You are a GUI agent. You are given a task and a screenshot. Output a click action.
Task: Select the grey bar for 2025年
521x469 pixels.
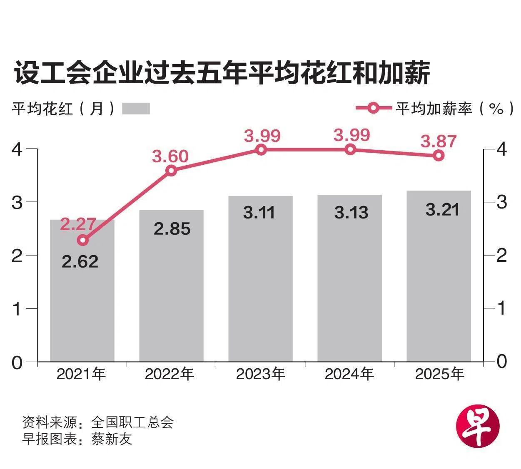coord(439,291)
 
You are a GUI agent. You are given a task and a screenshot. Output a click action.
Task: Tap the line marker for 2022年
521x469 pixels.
coord(171,170)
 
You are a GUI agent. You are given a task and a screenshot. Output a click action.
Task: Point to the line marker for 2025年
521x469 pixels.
coord(439,156)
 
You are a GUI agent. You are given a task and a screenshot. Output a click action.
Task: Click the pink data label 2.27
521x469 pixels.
coord(78,224)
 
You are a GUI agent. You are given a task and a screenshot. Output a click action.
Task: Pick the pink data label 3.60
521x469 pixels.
coord(170,156)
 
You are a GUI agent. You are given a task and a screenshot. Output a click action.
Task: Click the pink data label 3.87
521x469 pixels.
coord(439,141)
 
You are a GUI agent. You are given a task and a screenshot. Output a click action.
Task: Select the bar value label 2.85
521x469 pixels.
coord(172,228)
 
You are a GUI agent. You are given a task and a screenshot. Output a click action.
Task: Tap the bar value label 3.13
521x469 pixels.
coord(351,213)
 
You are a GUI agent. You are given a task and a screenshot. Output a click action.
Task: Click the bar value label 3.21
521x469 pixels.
coord(442,209)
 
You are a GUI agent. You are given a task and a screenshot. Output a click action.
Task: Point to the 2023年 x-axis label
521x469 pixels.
coord(261,374)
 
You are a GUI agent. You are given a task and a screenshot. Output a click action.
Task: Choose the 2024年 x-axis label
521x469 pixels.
coord(349,374)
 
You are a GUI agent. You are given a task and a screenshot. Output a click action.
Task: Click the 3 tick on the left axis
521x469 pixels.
coord(17,202)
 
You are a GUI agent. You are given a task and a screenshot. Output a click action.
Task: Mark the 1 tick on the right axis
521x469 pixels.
coord(502,308)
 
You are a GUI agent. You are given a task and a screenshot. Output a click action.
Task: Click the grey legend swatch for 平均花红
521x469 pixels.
coord(136,109)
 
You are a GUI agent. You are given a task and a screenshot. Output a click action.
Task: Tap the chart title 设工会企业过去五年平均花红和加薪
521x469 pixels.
coord(222,74)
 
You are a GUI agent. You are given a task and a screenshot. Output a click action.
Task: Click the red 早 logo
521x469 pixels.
coord(478,427)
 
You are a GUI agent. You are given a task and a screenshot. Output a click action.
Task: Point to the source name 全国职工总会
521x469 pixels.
coord(132,422)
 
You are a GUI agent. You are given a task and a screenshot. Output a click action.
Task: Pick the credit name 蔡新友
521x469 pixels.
coord(112,439)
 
